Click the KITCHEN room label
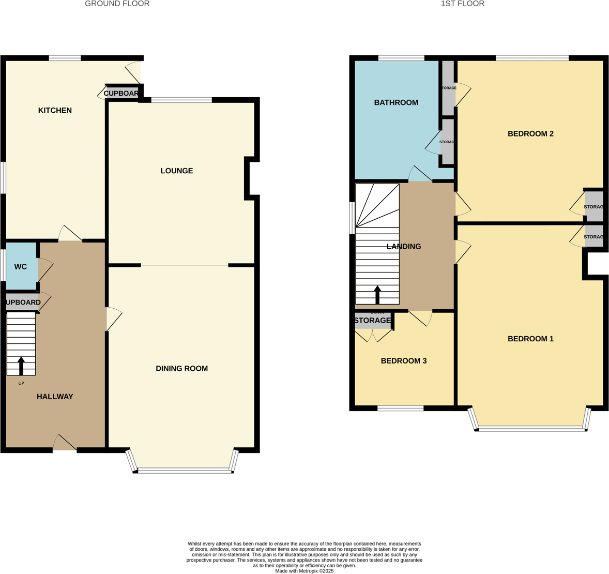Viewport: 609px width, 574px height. (x=55, y=110)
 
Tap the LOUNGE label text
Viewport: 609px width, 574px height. (x=176, y=171)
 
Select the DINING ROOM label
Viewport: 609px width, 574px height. (x=181, y=369)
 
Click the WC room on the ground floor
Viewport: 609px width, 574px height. (x=21, y=267)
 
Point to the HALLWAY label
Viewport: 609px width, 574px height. (x=55, y=397)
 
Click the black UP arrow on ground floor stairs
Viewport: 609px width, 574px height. (x=21, y=365)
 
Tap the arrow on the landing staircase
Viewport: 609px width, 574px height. (x=377, y=294)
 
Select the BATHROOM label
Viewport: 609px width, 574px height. (x=396, y=102)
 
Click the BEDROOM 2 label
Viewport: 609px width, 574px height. (x=530, y=133)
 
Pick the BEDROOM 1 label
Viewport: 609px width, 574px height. (x=530, y=339)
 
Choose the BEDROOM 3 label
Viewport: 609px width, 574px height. (x=403, y=361)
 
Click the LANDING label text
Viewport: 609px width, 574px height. (x=404, y=247)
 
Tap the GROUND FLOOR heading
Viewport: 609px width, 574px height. (x=117, y=4)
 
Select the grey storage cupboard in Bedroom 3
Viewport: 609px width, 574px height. (x=373, y=321)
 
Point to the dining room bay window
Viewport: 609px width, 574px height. (x=184, y=470)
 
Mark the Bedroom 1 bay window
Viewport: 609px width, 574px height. (x=530, y=428)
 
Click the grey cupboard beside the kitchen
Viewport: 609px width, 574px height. (x=121, y=94)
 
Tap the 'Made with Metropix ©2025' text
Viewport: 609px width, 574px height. (x=304, y=571)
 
